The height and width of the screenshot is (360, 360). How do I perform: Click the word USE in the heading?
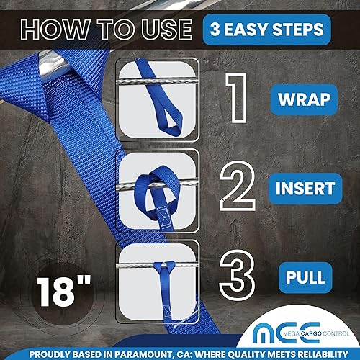pos(163,30)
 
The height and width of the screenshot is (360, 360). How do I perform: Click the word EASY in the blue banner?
pos(266,30)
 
